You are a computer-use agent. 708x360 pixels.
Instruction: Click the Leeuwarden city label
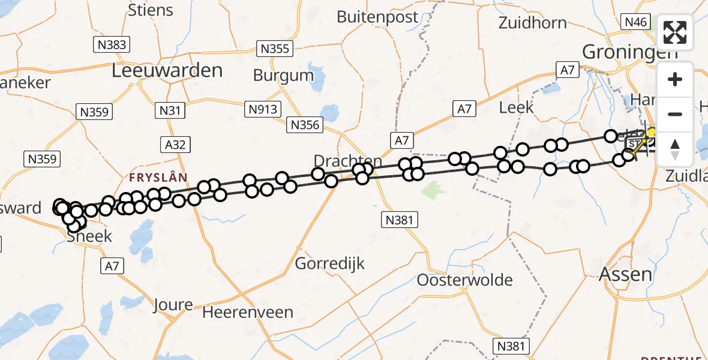(167, 71)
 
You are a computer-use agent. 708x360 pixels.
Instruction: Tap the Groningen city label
(630, 52)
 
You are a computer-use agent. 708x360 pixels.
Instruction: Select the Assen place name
(626, 275)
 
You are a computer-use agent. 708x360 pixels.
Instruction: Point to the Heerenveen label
(248, 312)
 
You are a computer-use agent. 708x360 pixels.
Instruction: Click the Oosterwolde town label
(465, 280)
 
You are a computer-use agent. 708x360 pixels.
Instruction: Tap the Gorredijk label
(330, 263)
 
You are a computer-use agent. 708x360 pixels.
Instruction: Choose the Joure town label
(173, 304)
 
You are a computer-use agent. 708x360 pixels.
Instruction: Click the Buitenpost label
(377, 17)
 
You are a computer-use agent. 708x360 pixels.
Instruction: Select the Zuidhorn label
(533, 23)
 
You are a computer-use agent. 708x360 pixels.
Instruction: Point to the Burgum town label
(284, 76)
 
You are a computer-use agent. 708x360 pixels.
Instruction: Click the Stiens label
(151, 10)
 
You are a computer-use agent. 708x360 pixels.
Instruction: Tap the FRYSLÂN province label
(158, 178)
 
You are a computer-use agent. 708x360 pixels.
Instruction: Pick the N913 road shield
(263, 109)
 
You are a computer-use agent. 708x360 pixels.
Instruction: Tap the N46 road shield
(636, 22)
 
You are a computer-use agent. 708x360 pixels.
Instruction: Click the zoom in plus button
(675, 79)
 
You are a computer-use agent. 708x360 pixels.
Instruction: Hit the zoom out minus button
(675, 114)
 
